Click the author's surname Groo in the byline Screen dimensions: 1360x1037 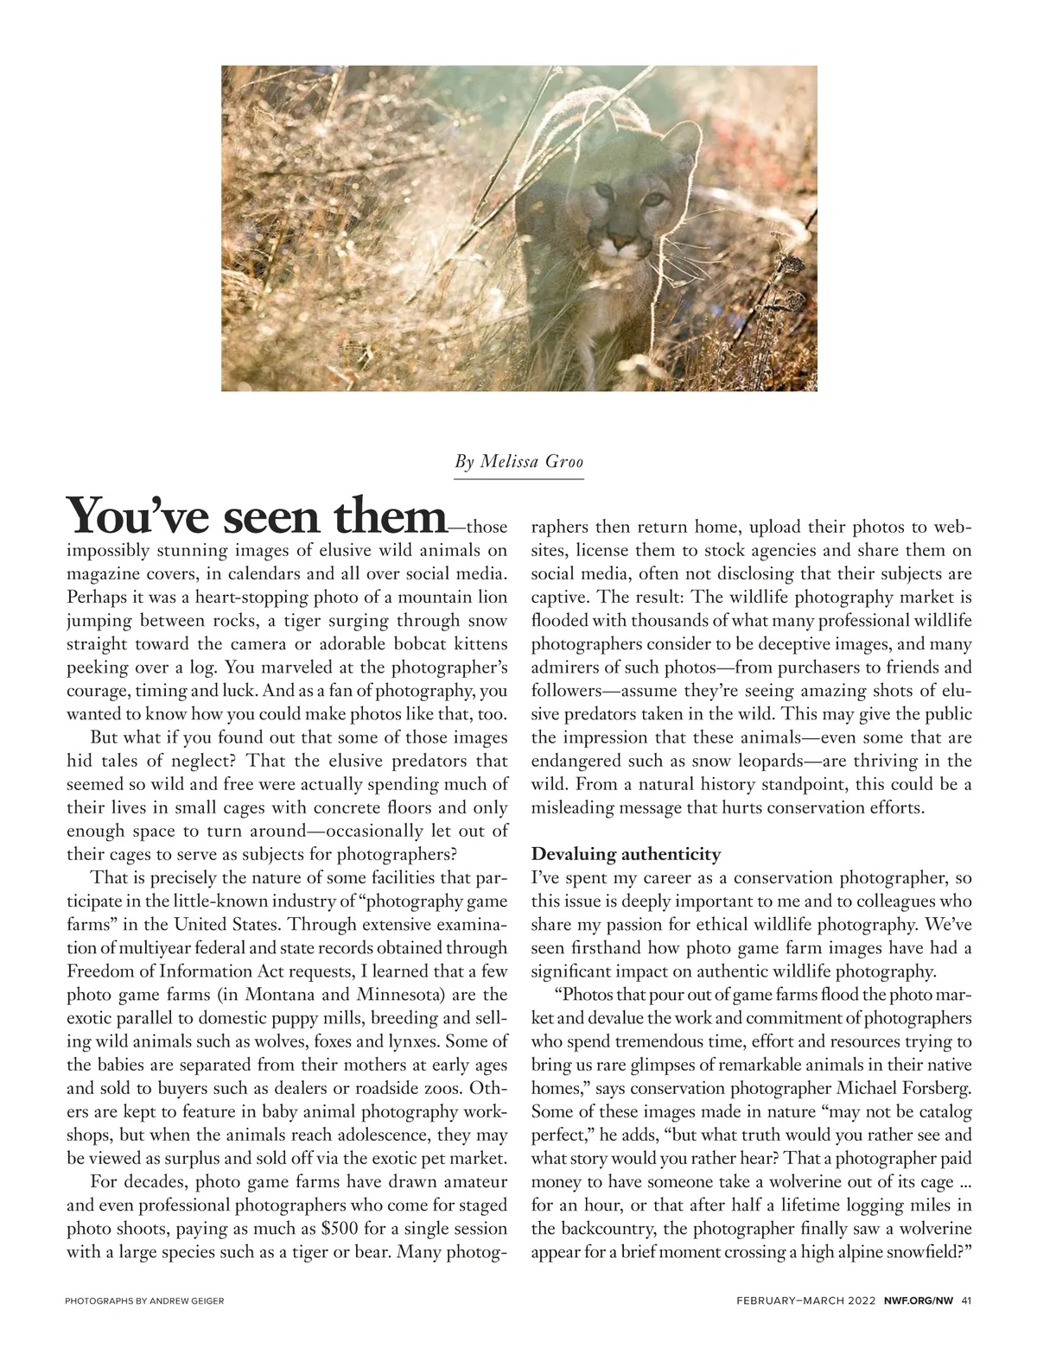pyautogui.click(x=564, y=462)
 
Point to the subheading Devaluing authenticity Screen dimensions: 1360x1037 pyautogui.click(x=626, y=854)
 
